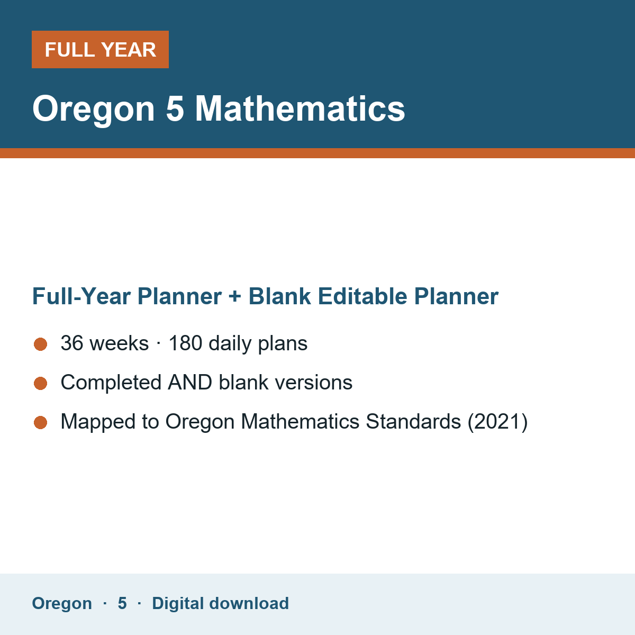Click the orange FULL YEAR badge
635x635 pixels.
tap(100, 49)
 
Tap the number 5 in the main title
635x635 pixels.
tap(175, 108)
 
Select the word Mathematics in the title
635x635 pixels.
tap(300, 108)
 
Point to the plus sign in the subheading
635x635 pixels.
tap(235, 296)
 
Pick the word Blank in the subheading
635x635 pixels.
tap(279, 296)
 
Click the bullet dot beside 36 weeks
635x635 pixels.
tap(41, 344)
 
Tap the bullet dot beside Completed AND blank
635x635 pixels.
tap(41, 384)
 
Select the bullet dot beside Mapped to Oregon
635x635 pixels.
tap(41, 423)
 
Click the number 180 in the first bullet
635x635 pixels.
tap(186, 343)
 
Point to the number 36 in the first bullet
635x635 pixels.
tap(72, 343)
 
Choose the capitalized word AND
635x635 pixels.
tap(190, 382)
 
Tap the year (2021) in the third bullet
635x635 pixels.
tap(497, 422)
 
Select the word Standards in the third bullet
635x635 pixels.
tap(413, 421)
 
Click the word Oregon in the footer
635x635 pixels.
tap(62, 603)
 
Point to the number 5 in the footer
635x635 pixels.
tap(122, 603)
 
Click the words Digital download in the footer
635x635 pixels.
tap(221, 603)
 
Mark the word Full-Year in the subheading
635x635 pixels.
tap(81, 296)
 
